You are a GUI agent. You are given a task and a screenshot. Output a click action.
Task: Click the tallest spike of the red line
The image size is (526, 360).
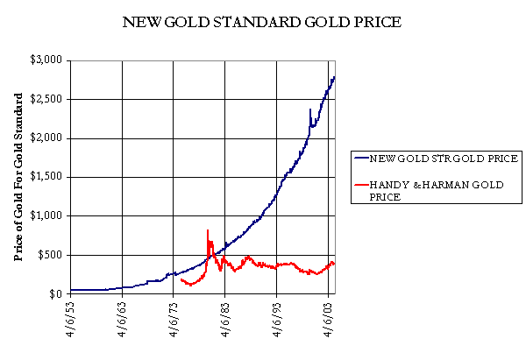pos(207,230)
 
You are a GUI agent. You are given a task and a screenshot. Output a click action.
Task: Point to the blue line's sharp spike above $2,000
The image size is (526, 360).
pos(309,110)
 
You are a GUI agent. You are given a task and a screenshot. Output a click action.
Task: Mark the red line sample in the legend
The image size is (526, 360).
pos(362,185)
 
